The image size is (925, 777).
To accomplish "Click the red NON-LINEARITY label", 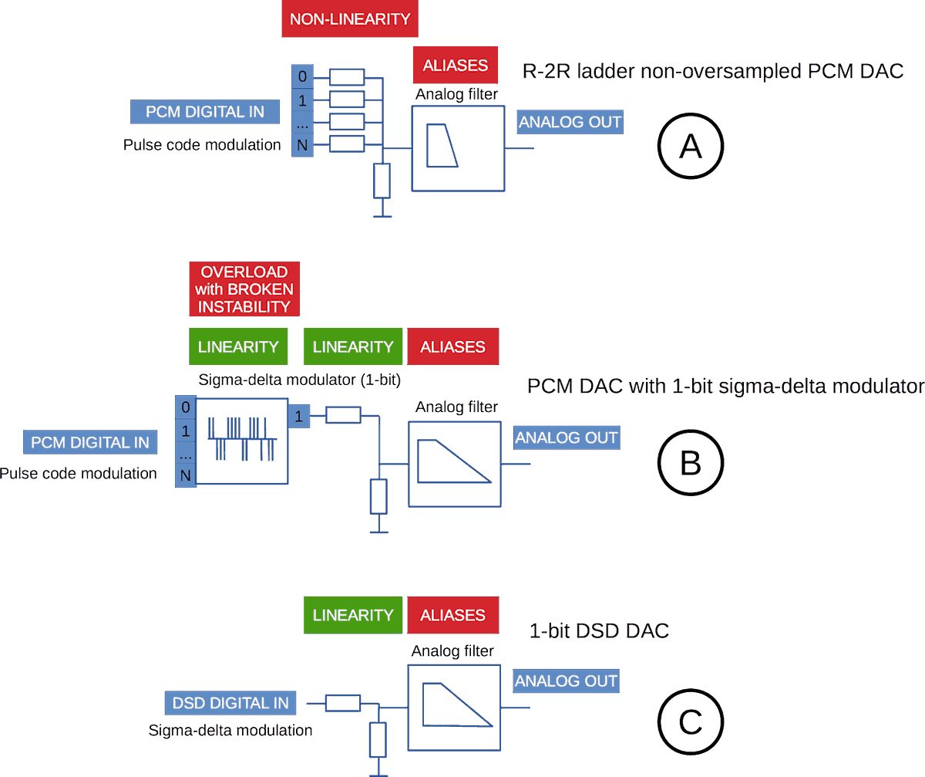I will (350, 19).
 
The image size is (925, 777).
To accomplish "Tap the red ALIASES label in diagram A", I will (455, 65).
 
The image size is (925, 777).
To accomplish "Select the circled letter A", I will (691, 145).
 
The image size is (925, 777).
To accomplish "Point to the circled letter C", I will (690, 722).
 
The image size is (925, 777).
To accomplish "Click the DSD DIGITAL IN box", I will (230, 703).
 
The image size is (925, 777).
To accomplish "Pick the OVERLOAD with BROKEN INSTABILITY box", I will (244, 289).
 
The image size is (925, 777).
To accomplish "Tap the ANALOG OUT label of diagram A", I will (570, 122).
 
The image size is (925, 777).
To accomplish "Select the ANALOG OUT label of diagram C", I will (567, 681).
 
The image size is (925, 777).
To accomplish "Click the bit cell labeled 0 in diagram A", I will (302, 76).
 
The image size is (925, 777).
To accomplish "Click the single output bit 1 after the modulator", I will (298, 417).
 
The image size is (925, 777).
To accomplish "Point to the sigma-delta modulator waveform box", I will (241, 441).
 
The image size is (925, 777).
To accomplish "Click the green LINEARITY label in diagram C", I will (353, 615).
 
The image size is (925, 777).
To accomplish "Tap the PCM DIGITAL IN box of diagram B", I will (90, 443).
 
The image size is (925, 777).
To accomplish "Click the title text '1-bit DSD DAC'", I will (599, 630).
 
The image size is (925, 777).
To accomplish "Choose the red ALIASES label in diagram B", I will (452, 346).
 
